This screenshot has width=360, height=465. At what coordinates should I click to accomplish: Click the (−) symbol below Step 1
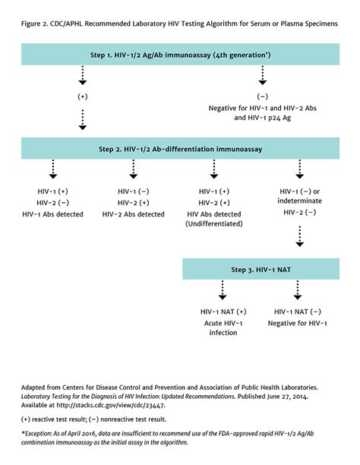(x=264, y=97)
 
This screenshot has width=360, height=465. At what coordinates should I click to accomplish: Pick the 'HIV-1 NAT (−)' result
(x=297, y=311)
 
